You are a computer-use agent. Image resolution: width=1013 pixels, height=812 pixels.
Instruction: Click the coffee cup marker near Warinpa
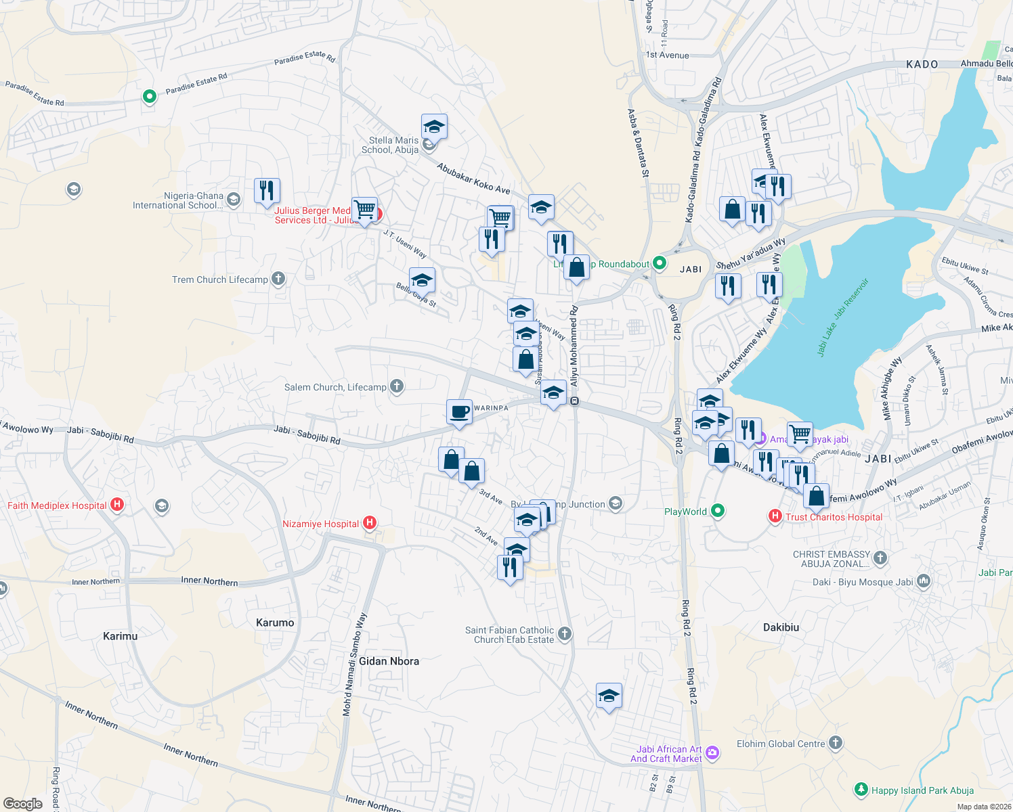[459, 412]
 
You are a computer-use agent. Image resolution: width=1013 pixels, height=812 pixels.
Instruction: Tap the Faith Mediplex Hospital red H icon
[117, 505]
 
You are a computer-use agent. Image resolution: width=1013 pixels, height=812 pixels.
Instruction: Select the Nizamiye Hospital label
[321, 524]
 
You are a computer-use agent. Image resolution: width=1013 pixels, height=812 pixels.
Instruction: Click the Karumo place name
[275, 623]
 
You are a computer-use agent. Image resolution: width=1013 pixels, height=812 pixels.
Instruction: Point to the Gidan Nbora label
[389, 661]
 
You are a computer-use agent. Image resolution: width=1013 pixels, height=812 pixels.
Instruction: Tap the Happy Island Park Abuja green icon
[861, 790]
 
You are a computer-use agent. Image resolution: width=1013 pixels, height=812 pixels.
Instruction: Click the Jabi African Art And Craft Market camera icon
[712, 753]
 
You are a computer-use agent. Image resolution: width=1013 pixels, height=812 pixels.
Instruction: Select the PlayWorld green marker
[718, 512]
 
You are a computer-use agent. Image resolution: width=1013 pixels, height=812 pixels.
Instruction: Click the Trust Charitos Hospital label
[834, 517]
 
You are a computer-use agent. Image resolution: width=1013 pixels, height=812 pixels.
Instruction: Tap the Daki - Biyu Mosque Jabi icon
[924, 581]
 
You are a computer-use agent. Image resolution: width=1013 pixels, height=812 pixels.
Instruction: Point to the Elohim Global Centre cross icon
[836, 744]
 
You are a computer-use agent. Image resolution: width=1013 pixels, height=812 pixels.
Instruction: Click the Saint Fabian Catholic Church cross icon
[565, 634]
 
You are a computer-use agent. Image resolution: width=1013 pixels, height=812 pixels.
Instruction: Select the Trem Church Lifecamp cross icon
[278, 279]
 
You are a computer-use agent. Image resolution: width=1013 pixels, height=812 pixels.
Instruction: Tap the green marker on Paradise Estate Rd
[149, 97]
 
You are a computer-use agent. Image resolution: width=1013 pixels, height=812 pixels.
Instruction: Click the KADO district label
[922, 64]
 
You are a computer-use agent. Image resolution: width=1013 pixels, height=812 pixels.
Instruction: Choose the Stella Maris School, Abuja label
[390, 145]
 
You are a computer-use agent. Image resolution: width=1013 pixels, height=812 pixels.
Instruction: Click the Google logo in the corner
[22, 803]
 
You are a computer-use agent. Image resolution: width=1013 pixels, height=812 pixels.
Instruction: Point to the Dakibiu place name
[781, 627]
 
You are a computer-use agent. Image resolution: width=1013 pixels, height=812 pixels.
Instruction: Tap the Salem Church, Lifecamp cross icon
[397, 386]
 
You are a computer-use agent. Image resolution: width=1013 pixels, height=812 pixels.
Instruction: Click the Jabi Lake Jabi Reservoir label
[842, 317]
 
